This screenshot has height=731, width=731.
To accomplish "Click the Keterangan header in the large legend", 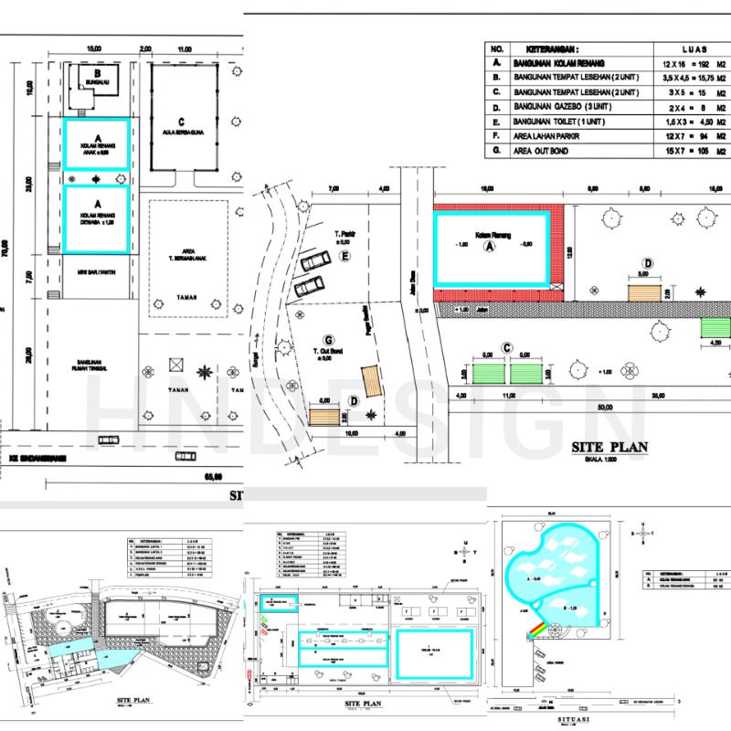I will (x=547, y=48).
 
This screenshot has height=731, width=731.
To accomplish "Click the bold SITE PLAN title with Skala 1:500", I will (x=609, y=448).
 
